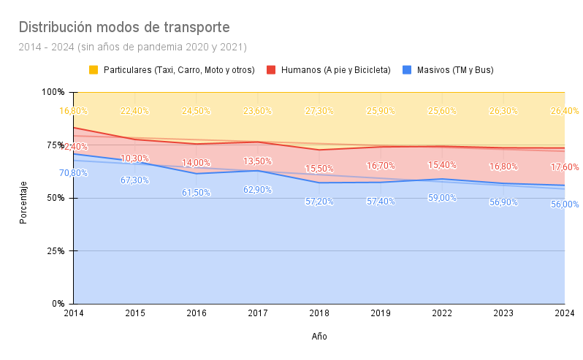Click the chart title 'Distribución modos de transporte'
(124, 28)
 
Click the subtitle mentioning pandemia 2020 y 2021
(132, 47)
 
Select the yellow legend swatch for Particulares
(94, 70)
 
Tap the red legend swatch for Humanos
(270, 70)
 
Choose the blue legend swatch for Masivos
(408, 70)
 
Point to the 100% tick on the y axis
(53, 92)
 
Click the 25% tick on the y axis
(56, 250)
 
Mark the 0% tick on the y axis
(58, 304)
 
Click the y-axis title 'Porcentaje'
(23, 202)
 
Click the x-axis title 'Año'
(319, 337)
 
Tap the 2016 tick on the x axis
(196, 313)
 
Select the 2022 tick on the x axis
(441, 313)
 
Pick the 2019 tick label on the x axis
(380, 313)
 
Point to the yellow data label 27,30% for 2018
(319, 111)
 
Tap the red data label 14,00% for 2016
(196, 163)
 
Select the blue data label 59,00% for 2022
(441, 197)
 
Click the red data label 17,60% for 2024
(564, 167)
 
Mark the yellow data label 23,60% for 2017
(257, 111)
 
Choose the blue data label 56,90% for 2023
(503, 202)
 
